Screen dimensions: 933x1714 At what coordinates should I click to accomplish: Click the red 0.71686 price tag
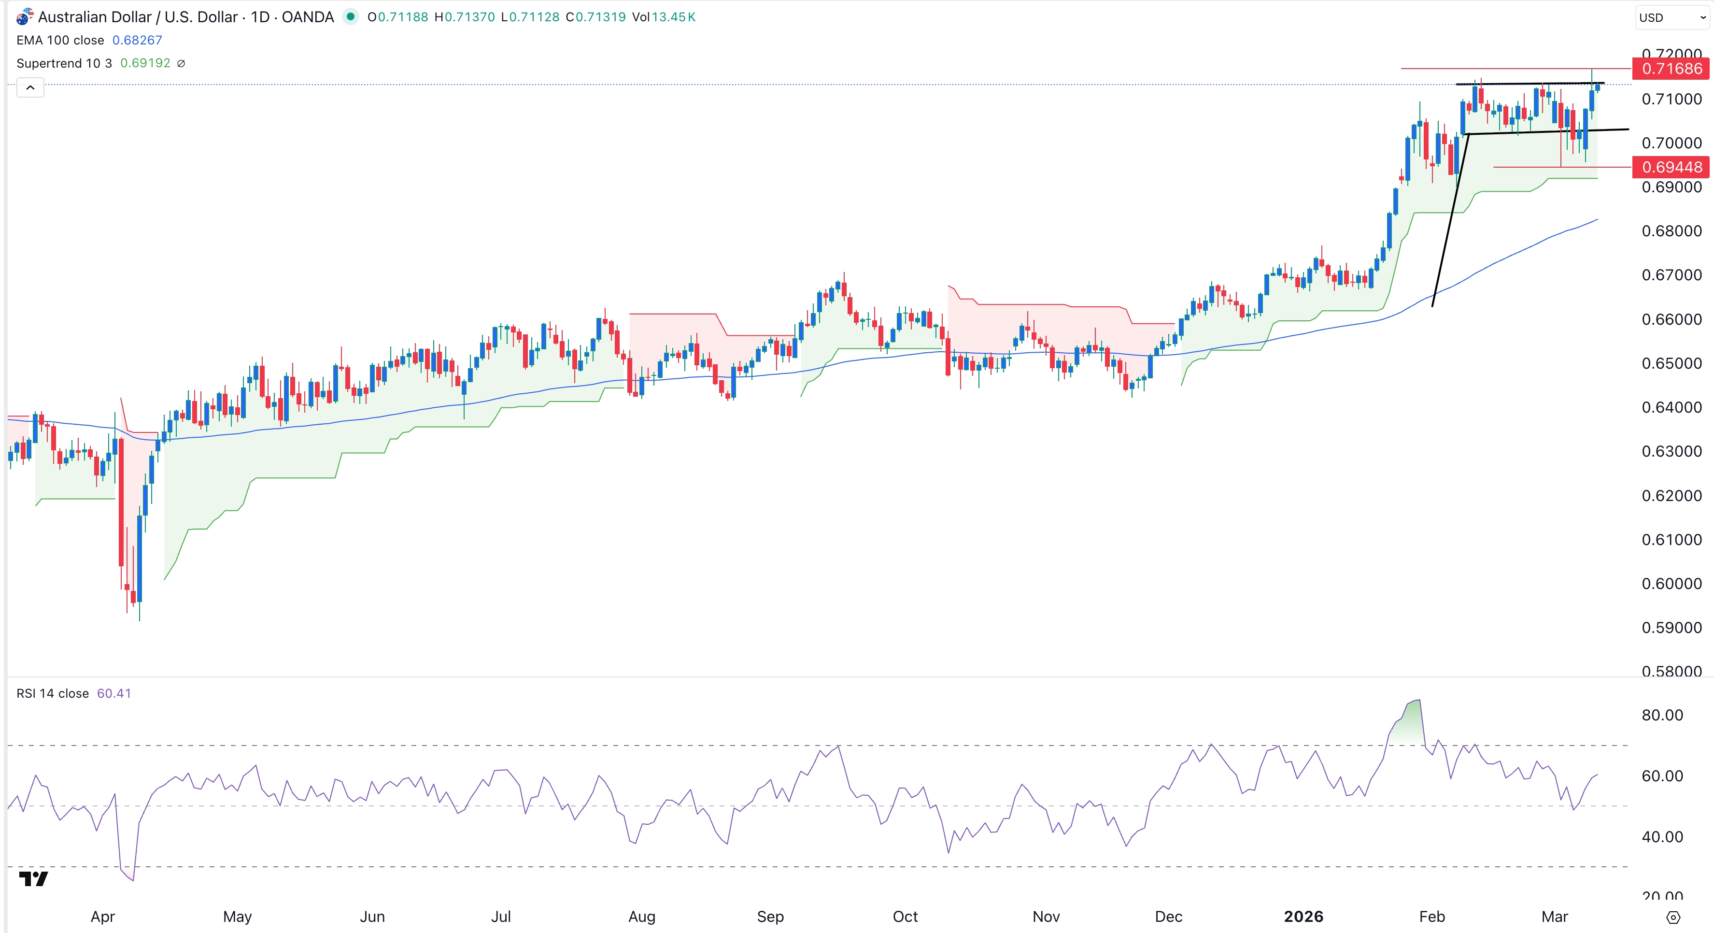pyautogui.click(x=1671, y=69)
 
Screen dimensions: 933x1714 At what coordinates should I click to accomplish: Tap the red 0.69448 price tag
pyautogui.click(x=1671, y=167)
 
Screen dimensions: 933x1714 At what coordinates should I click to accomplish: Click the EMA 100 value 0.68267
pyautogui.click(x=137, y=40)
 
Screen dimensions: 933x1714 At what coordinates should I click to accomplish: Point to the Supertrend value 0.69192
pyautogui.click(x=145, y=63)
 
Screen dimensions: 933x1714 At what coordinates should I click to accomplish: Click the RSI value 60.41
pyautogui.click(x=114, y=693)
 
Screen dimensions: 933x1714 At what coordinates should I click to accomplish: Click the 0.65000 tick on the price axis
pyautogui.click(x=1671, y=363)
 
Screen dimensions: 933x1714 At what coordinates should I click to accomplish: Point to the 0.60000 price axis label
pyautogui.click(x=1671, y=584)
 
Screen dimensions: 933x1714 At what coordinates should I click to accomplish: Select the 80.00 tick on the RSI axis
pyautogui.click(x=1661, y=716)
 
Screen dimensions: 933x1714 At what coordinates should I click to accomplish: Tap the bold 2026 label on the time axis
pyautogui.click(x=1303, y=917)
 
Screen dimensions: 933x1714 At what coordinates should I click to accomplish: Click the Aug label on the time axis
pyautogui.click(x=641, y=917)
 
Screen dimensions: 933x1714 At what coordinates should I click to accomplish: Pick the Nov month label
pyautogui.click(x=1045, y=917)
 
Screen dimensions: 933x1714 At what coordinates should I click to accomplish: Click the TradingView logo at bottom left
pyautogui.click(x=33, y=879)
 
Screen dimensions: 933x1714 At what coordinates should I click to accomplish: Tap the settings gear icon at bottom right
pyautogui.click(x=1673, y=918)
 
